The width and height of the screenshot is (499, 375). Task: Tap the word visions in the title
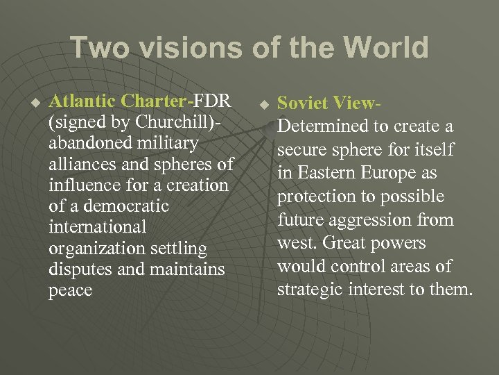[178, 49]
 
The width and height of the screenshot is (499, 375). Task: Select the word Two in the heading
[97, 49]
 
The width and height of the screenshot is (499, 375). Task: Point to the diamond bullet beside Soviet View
[263, 106]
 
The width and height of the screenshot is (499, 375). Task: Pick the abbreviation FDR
[211, 101]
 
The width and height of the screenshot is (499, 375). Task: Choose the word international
[98, 227]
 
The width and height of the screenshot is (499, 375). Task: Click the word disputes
[77, 269]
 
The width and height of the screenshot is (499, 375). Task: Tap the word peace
[70, 290]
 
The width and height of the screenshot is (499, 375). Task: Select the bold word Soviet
[303, 103]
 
